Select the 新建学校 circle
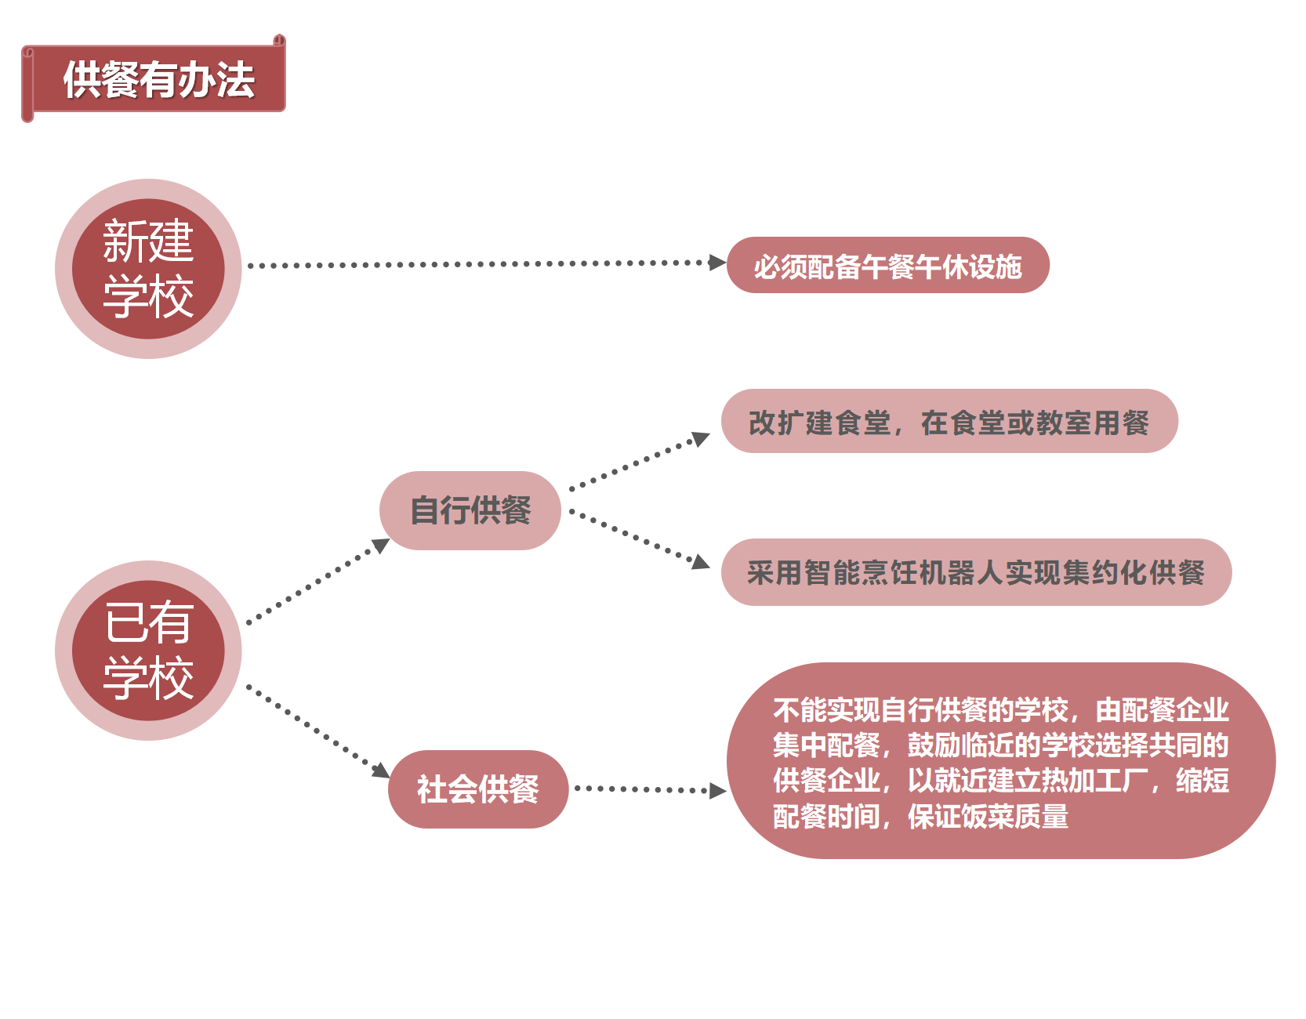click(x=148, y=269)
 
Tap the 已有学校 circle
click(x=148, y=651)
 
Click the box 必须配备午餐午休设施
click(x=887, y=266)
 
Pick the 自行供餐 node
click(x=470, y=510)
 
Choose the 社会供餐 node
click(x=477, y=789)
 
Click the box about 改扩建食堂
click(x=949, y=422)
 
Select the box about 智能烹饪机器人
click(x=976, y=572)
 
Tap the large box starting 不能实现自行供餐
click(x=1000, y=761)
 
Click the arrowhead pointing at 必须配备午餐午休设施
click(x=716, y=263)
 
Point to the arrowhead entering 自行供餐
click(x=381, y=545)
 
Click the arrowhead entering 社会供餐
click(x=382, y=770)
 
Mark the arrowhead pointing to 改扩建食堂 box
click(x=700, y=438)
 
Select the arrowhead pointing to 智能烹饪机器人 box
click(x=700, y=561)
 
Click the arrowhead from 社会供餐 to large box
click(x=716, y=790)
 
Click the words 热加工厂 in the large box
click(x=1083, y=781)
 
